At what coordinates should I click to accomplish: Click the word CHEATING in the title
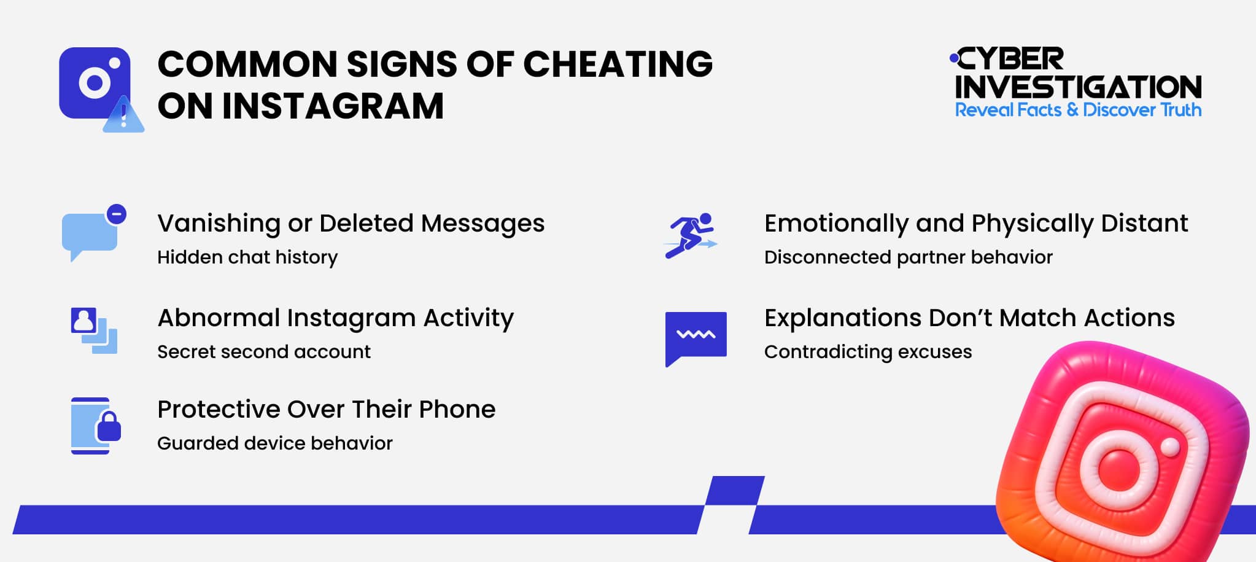pos(617,64)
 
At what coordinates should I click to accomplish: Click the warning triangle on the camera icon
pos(124,116)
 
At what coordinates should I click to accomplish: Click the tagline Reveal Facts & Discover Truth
pos(1077,110)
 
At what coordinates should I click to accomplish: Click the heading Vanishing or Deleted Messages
pos(351,223)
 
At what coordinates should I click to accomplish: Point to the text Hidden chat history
pos(247,257)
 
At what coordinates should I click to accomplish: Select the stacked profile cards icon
pos(93,330)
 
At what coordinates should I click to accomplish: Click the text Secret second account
pos(264,351)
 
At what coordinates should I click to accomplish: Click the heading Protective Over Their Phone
pos(326,409)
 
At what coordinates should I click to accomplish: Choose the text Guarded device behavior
pos(274,443)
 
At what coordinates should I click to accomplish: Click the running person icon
pos(691,236)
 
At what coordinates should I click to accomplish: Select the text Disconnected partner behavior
pos(908,257)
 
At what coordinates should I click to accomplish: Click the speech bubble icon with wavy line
pos(696,337)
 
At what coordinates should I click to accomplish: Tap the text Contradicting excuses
pos(867,351)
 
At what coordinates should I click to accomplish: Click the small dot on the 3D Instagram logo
pos(1170,447)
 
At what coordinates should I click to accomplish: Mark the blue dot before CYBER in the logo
pos(953,58)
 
